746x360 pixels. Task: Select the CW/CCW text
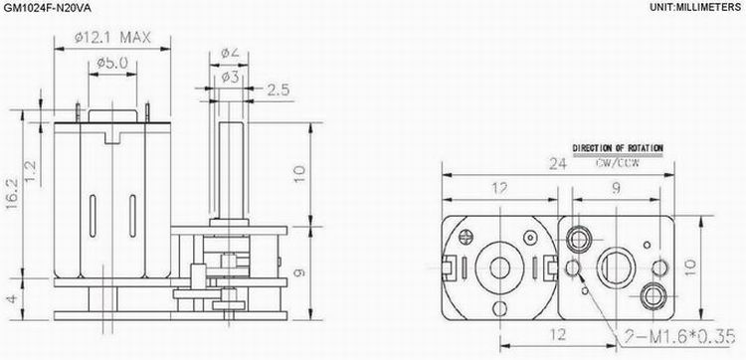point(618,161)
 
